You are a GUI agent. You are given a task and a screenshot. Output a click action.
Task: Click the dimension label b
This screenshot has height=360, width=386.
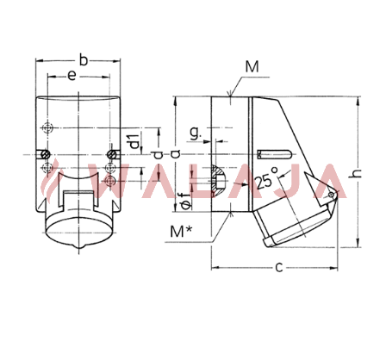(x=83, y=60)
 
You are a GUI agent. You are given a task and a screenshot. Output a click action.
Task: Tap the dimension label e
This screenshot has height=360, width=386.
(x=72, y=76)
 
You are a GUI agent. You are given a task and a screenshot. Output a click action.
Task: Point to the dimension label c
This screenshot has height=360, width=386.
(x=279, y=267)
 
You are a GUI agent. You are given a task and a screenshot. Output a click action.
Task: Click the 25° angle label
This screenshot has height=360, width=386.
(x=266, y=178)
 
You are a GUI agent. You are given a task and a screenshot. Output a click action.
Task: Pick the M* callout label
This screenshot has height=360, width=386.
(x=181, y=232)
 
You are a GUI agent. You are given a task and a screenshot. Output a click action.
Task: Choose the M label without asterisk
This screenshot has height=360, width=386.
(x=252, y=66)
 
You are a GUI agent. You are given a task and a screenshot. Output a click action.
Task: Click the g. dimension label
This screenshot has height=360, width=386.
(x=196, y=133)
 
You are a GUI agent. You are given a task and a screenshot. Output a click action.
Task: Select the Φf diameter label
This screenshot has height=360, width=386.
(x=186, y=201)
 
